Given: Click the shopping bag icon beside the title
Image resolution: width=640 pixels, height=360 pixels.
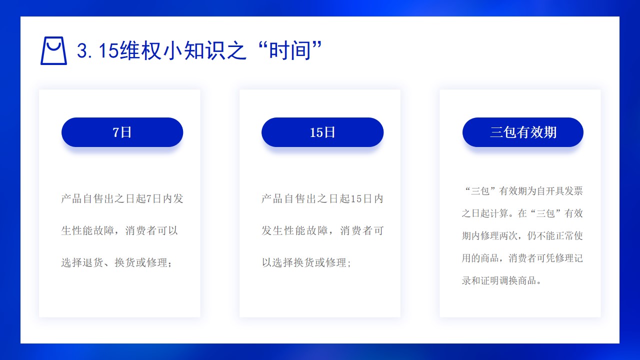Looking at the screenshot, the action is pyautogui.click(x=53, y=50).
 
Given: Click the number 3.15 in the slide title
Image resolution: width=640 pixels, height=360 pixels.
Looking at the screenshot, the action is pyautogui.click(x=97, y=51).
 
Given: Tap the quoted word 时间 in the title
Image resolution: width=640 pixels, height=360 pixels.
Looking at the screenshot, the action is pyautogui.click(x=290, y=50).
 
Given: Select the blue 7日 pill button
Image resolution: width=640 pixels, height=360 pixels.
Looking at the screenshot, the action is pyautogui.click(x=122, y=132).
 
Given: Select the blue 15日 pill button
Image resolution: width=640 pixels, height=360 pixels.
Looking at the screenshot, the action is pyautogui.click(x=322, y=132).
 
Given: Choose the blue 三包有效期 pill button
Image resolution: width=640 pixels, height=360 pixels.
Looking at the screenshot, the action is pyautogui.click(x=523, y=132).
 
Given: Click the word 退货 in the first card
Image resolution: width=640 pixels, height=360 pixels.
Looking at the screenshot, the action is pyautogui.click(x=93, y=262).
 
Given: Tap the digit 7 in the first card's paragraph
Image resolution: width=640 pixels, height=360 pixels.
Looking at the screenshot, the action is pyautogui.click(x=149, y=199).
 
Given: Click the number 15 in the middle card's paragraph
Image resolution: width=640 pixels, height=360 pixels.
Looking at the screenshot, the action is pyautogui.click(x=356, y=199).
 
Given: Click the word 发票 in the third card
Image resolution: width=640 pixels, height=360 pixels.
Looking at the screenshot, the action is pyautogui.click(x=573, y=191).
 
